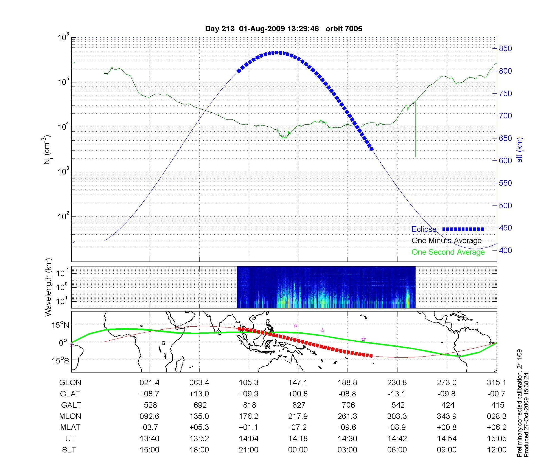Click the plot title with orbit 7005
(x=284, y=29)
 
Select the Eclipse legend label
(x=424, y=229)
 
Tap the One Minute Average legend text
(x=447, y=241)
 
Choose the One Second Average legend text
(x=448, y=252)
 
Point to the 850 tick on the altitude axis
(x=505, y=49)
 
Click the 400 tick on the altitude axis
(x=505, y=250)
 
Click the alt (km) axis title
(x=520, y=150)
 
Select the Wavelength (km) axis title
(x=49, y=287)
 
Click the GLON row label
(x=70, y=383)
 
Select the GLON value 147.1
(x=298, y=383)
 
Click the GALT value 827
(x=299, y=405)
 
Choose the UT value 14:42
(x=397, y=439)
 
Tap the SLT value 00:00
(x=298, y=450)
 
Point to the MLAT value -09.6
(x=347, y=427)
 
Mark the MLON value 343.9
(x=447, y=416)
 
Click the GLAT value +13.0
(x=199, y=394)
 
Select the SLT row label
(x=69, y=450)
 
